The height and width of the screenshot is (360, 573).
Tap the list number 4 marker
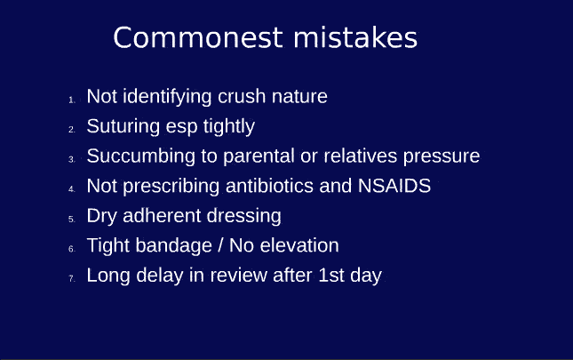coord(72,189)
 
